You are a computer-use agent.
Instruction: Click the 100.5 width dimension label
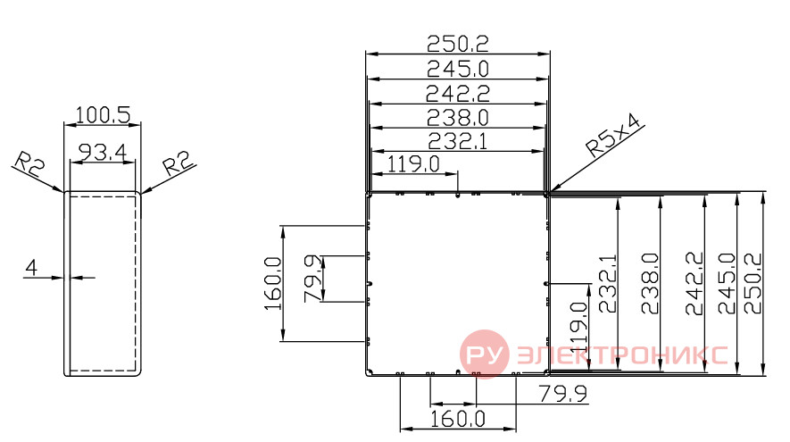tap(103, 115)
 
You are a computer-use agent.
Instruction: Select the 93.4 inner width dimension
tap(103, 152)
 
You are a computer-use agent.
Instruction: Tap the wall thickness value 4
tap(31, 268)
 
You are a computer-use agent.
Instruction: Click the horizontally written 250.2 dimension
tap(457, 44)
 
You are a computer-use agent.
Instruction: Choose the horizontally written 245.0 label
tap(457, 69)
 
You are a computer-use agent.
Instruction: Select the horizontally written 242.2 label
tap(457, 94)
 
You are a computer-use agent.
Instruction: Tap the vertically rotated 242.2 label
tap(694, 284)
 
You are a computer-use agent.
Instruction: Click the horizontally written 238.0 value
tap(457, 118)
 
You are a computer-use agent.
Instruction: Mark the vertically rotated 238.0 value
tap(650, 284)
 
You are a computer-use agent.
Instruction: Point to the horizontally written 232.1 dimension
tap(457, 142)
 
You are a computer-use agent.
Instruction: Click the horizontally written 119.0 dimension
tap(413, 163)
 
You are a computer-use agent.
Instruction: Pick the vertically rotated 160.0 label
tap(273, 284)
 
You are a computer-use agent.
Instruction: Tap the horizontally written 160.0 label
tap(457, 419)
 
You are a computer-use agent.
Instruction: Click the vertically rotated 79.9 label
tap(313, 279)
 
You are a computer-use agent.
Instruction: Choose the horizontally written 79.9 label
tap(562, 394)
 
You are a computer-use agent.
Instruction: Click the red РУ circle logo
tap(484, 354)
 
